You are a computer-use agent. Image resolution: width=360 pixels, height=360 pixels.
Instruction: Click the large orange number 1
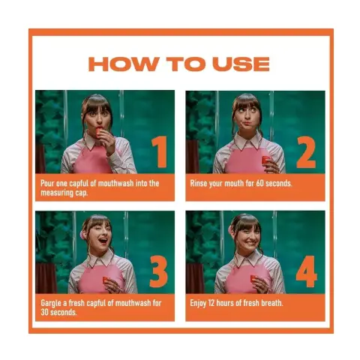160,151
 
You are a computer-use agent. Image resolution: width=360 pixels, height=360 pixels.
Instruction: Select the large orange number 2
306,151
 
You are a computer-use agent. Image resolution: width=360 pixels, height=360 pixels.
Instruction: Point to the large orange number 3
158,271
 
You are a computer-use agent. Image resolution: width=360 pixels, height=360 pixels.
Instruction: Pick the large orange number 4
307,271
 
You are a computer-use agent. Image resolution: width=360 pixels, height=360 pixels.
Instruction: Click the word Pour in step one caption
47,183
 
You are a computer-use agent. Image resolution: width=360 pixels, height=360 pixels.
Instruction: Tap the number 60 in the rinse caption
259,183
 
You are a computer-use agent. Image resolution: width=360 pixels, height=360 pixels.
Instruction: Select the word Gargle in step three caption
51,303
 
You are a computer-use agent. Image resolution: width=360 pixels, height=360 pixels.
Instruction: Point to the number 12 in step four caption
211,303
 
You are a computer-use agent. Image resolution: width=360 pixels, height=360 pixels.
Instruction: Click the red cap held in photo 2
265,160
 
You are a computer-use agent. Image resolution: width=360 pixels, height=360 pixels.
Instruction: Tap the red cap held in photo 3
106,280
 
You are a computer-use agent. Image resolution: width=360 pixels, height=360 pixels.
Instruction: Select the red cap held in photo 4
254,278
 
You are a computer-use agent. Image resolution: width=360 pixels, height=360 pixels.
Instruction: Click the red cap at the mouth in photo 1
99,132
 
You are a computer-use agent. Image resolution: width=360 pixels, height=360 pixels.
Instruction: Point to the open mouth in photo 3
103,241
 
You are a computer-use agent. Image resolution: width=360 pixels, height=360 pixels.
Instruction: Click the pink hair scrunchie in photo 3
82,235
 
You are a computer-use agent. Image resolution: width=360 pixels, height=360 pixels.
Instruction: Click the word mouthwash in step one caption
115,183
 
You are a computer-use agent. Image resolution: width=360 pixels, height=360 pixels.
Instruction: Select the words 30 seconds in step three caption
58,312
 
